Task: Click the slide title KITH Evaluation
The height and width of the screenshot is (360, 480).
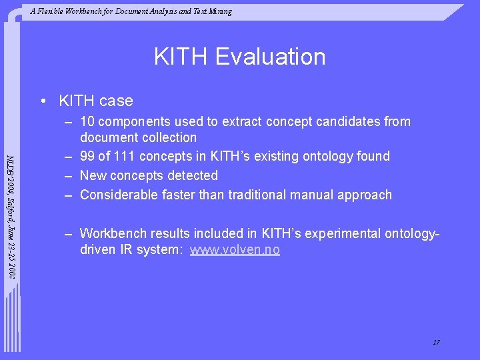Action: [x=239, y=57]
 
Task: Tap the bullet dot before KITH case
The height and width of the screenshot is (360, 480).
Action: [x=43, y=101]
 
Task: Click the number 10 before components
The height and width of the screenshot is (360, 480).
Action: [x=87, y=122]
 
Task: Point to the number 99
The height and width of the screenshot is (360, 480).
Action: [x=87, y=157]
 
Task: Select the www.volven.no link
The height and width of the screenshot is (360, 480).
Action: [x=235, y=250]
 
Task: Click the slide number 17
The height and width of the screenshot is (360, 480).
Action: [x=436, y=343]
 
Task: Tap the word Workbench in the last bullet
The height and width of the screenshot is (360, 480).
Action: [x=112, y=234]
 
